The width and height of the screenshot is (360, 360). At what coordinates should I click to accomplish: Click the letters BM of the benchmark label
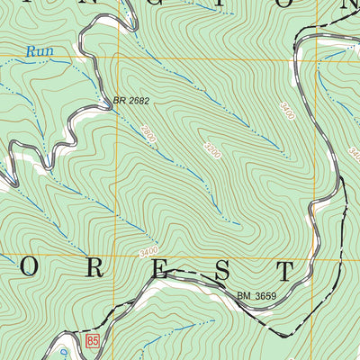tap(245, 294)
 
